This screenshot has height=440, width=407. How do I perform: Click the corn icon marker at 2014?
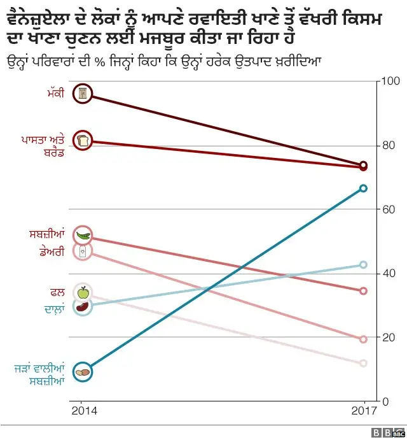coord(82,94)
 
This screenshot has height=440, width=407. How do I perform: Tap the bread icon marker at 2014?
coord(82,140)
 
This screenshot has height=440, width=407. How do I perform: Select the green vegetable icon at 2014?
coord(83,236)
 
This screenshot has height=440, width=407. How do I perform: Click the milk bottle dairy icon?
coord(83,252)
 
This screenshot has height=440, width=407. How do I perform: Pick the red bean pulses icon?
coord(82,307)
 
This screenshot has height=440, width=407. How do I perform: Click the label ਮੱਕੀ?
coord(55,95)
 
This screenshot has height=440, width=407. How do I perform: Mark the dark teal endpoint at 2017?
coord(363,188)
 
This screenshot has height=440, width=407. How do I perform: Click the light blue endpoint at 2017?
coord(363,264)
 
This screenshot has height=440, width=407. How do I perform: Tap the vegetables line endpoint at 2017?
coord(363,291)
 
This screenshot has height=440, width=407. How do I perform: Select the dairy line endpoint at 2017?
coord(363,339)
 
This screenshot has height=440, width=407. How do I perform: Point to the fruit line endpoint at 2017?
coord(363,363)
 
